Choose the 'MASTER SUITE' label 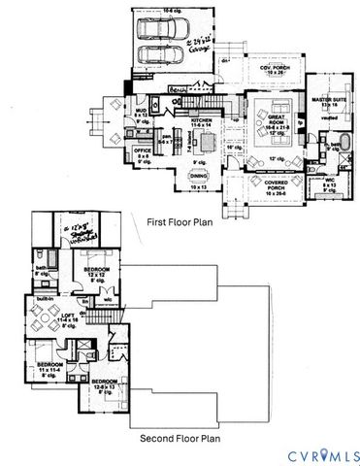(x=330, y=102)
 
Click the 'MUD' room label (x=141, y=112)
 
